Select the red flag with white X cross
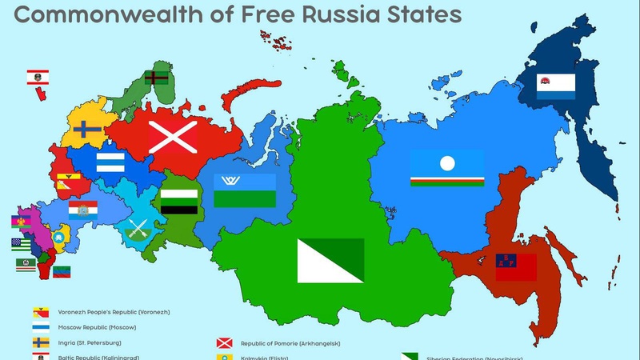tap(173, 138)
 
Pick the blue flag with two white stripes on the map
tap(110, 162)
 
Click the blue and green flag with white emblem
tap(245, 190)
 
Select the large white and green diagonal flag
tap(330, 261)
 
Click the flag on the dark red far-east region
tap(516, 266)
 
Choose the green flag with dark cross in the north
tap(155, 78)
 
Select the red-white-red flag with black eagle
tap(38, 78)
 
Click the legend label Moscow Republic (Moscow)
tap(97, 327)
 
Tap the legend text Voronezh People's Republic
tap(114, 312)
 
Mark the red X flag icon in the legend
tap(225, 343)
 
